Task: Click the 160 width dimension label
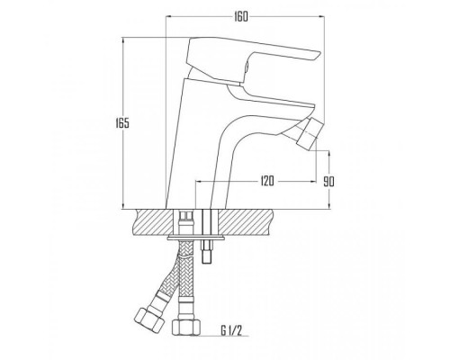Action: (x=241, y=17)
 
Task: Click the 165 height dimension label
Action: (x=122, y=123)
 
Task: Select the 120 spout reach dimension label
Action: (x=267, y=181)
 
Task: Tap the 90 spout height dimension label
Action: (x=329, y=181)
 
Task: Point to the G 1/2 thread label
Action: (x=231, y=330)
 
